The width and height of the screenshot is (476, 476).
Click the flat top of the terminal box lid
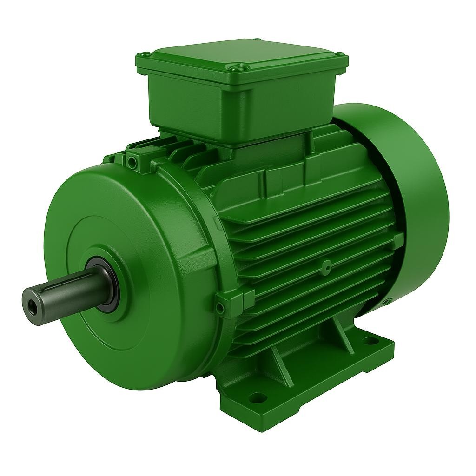pos(242,53)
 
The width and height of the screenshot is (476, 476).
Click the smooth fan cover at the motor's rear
pos(414,195)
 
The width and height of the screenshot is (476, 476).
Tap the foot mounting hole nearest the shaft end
pos(257,397)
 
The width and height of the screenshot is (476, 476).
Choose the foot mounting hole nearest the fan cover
pos(370,341)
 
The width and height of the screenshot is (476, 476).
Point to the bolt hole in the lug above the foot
pos(220,308)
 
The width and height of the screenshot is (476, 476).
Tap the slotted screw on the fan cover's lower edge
pos(385,303)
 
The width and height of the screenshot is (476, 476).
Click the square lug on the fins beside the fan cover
pos(398,240)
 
